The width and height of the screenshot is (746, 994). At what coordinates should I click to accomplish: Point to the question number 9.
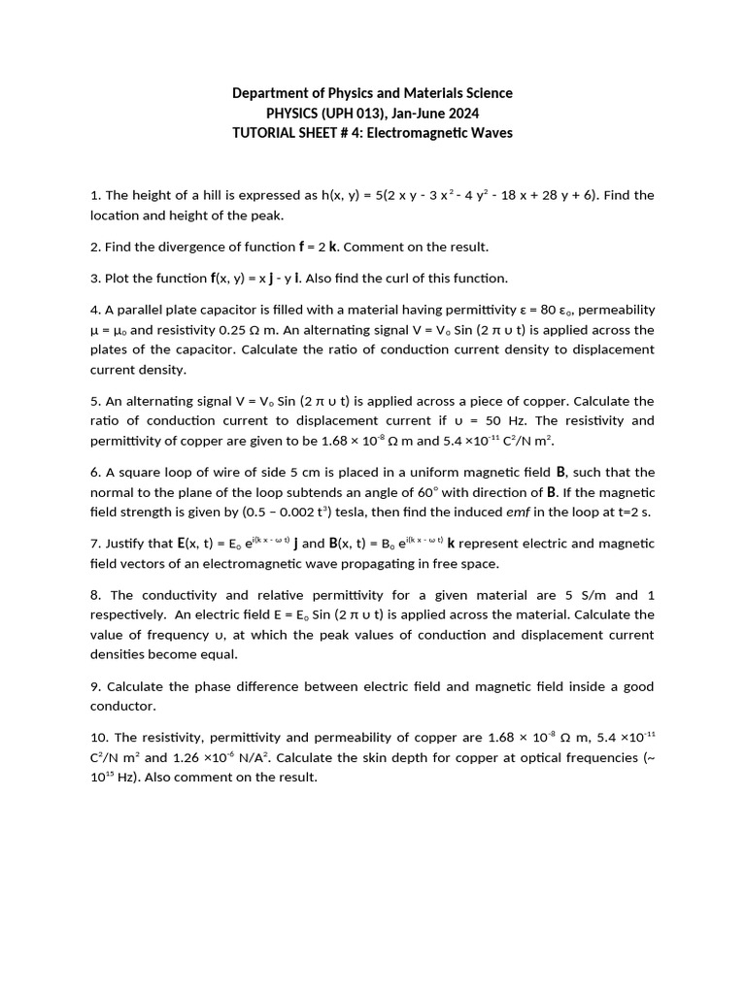click(x=95, y=686)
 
